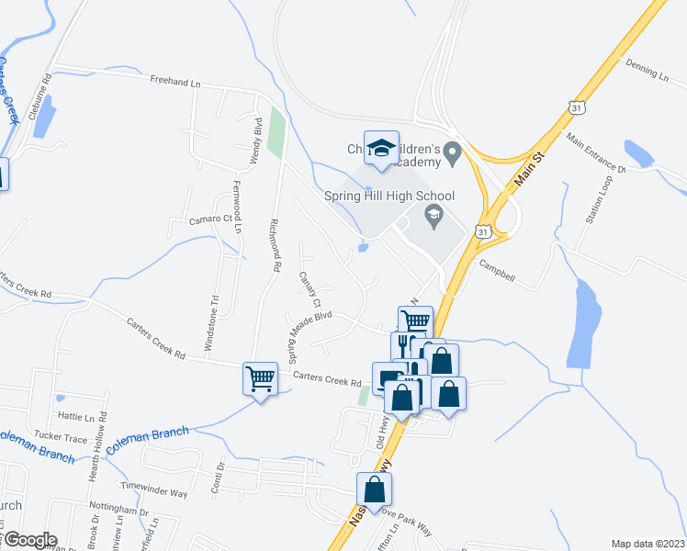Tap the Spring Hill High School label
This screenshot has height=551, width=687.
coord(389,196)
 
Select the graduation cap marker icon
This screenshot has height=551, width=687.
coord(381,148)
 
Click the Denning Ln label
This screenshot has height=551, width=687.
coord(647,69)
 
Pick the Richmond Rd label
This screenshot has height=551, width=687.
coord(274,238)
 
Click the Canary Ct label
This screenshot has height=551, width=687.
coord(310,289)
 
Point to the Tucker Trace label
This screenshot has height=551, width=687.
coord(59,434)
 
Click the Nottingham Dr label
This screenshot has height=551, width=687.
coord(118,507)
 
